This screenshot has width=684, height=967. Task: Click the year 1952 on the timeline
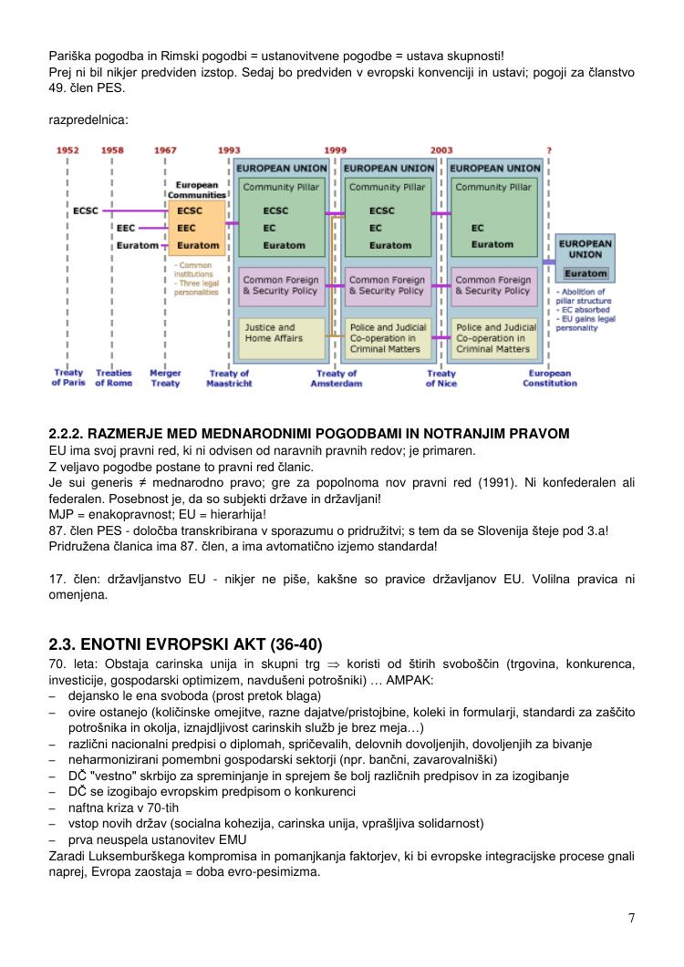[67, 150]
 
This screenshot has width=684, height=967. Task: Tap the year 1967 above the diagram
[165, 150]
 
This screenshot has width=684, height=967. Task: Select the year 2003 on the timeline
[441, 150]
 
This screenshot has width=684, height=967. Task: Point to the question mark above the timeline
[548, 150]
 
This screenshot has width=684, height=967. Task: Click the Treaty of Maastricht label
[229, 378]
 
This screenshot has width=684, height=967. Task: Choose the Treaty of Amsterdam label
[337, 378]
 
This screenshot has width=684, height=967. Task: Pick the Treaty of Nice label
[441, 378]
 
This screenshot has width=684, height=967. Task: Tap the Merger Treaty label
[165, 378]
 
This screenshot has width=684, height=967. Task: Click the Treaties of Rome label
[114, 378]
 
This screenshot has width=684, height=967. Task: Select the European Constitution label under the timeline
[549, 378]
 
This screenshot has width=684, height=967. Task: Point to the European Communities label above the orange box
[196, 190]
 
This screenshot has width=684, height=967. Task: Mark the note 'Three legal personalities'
[197, 288]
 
